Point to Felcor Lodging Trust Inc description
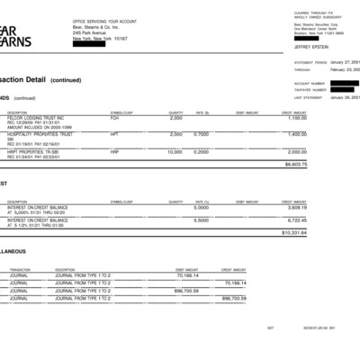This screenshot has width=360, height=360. [x=35, y=117]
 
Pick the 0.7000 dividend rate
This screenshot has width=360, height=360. [x=202, y=133]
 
